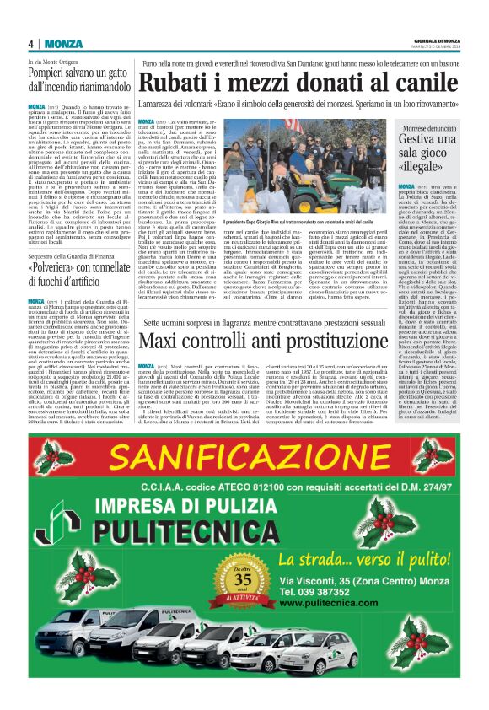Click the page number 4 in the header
pos(30,44)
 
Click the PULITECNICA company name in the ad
pos(195,533)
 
